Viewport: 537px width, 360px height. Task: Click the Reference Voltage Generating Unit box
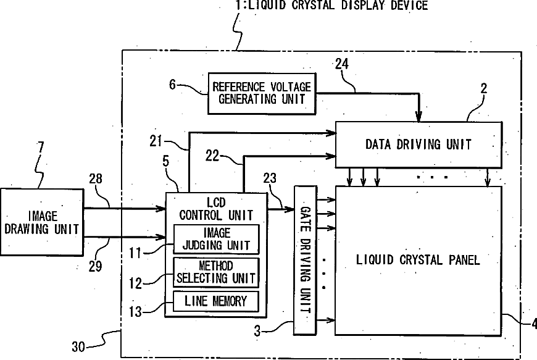pos(262,93)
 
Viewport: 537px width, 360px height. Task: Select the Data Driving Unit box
pos(418,144)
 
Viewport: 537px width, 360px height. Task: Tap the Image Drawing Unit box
pos(42,222)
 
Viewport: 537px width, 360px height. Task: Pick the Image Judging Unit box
pos(216,239)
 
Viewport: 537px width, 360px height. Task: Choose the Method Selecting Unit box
pos(216,272)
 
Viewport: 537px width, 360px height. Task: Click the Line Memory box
pos(215,301)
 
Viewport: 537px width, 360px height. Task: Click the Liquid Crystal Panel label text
pos(418,259)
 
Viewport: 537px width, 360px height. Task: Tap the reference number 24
pos(343,64)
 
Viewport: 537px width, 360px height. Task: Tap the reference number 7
pos(41,148)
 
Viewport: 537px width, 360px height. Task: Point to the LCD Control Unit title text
pos(216,209)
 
